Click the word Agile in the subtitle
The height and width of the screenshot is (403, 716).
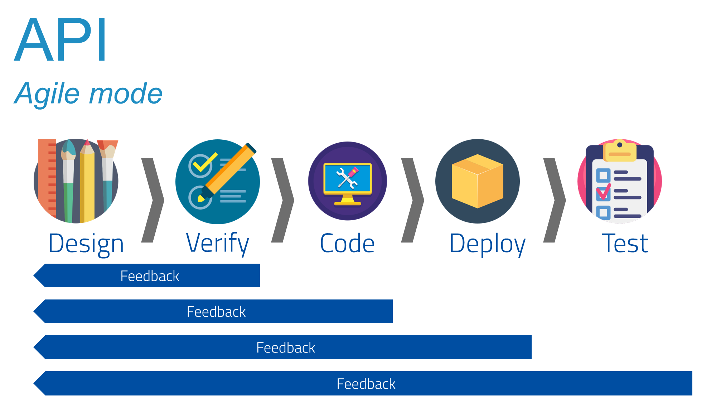[47, 94]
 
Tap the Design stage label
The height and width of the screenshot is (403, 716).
[86, 244]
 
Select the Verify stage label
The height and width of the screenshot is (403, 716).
[217, 243]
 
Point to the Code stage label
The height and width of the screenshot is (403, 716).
[347, 244]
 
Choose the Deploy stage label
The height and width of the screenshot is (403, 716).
[487, 244]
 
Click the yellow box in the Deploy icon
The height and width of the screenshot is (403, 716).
[477, 181]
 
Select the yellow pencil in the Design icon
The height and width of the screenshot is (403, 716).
[87, 183]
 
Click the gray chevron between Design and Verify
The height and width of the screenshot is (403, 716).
[153, 200]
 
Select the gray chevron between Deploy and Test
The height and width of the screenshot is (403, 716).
[555, 200]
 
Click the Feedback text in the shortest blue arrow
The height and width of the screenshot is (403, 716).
[150, 276]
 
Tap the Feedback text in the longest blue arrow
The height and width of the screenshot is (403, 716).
[366, 384]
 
